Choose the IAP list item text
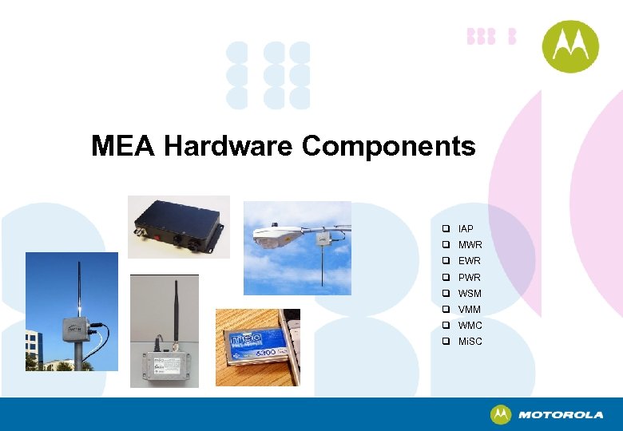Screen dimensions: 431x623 (466, 229)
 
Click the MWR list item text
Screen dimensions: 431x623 (470, 245)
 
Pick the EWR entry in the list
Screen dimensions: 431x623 (470, 261)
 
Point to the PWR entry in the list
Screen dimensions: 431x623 (470, 278)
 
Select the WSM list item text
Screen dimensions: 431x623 (470, 294)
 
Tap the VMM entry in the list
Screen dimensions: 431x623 (470, 310)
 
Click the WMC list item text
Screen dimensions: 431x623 (470, 326)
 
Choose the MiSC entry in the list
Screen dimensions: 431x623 (470, 342)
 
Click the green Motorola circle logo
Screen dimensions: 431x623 (570, 46)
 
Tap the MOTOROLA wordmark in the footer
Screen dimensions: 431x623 (561, 415)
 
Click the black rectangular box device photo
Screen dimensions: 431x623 (179, 226)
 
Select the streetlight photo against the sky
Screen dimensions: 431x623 (297, 248)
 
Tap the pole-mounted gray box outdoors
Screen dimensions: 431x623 (71, 311)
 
